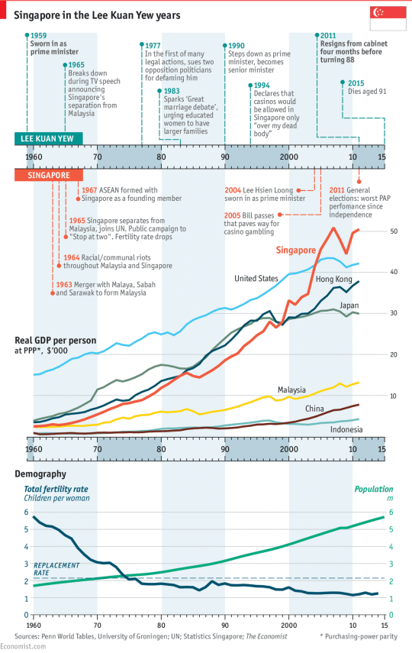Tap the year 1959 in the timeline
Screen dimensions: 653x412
pos(38,35)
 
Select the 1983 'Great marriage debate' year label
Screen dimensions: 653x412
pos(172,91)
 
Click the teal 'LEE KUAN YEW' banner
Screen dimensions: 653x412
pos(45,138)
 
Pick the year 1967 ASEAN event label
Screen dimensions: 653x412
pos(90,190)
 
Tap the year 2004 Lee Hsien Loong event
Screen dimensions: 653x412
pos(235,190)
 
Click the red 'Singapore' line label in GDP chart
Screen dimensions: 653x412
pos(295,250)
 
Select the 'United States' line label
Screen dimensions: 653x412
pos(256,279)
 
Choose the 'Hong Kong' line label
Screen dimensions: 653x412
pos(333,280)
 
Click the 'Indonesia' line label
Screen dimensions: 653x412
pos(346,430)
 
